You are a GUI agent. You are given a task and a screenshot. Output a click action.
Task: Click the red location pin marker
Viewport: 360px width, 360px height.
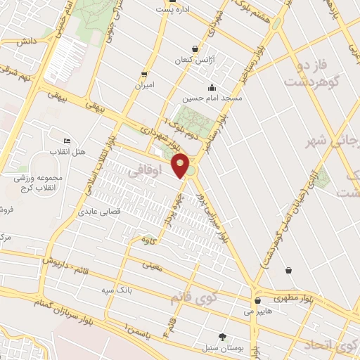point(181,165)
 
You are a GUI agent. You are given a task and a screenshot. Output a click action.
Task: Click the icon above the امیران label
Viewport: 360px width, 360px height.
point(144,74)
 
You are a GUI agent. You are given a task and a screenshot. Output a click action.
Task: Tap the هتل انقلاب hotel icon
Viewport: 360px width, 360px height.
point(67,141)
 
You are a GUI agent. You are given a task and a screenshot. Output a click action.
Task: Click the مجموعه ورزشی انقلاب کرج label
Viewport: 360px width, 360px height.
point(38,182)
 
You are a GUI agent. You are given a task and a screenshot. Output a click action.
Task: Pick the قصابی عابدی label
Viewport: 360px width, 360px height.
point(100,211)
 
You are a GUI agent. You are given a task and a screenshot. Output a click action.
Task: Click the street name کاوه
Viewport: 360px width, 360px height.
point(146,241)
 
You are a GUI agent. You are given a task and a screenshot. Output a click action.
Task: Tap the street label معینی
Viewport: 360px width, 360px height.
point(152,265)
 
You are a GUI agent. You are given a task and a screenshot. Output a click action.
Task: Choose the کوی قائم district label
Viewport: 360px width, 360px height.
point(193,298)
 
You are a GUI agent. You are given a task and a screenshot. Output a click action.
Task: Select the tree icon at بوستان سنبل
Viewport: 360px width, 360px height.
point(223,337)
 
